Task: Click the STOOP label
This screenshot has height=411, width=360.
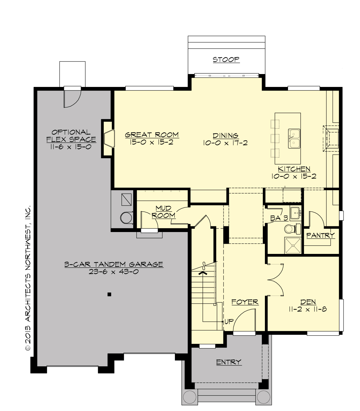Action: (x=226, y=59)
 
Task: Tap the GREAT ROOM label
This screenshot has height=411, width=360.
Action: (x=152, y=135)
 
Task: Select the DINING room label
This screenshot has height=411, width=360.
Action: (x=225, y=136)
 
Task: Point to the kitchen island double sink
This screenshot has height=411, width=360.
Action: (x=294, y=138)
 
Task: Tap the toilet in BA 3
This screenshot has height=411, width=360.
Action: (x=290, y=229)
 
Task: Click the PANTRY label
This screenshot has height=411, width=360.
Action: (x=320, y=235)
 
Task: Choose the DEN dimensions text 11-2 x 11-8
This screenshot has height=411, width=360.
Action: (x=308, y=309)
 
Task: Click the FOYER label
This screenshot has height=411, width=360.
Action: (x=245, y=302)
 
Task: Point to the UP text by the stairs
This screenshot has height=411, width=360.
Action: (x=229, y=322)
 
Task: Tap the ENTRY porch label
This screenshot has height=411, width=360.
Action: (x=229, y=362)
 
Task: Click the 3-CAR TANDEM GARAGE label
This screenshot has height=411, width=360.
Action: (x=114, y=264)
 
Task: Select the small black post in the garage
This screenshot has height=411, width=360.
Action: (x=109, y=294)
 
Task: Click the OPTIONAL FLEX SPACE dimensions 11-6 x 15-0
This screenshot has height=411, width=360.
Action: (x=71, y=147)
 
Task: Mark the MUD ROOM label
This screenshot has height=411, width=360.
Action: (x=163, y=212)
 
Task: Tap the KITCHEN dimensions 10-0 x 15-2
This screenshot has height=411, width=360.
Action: (x=294, y=177)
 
